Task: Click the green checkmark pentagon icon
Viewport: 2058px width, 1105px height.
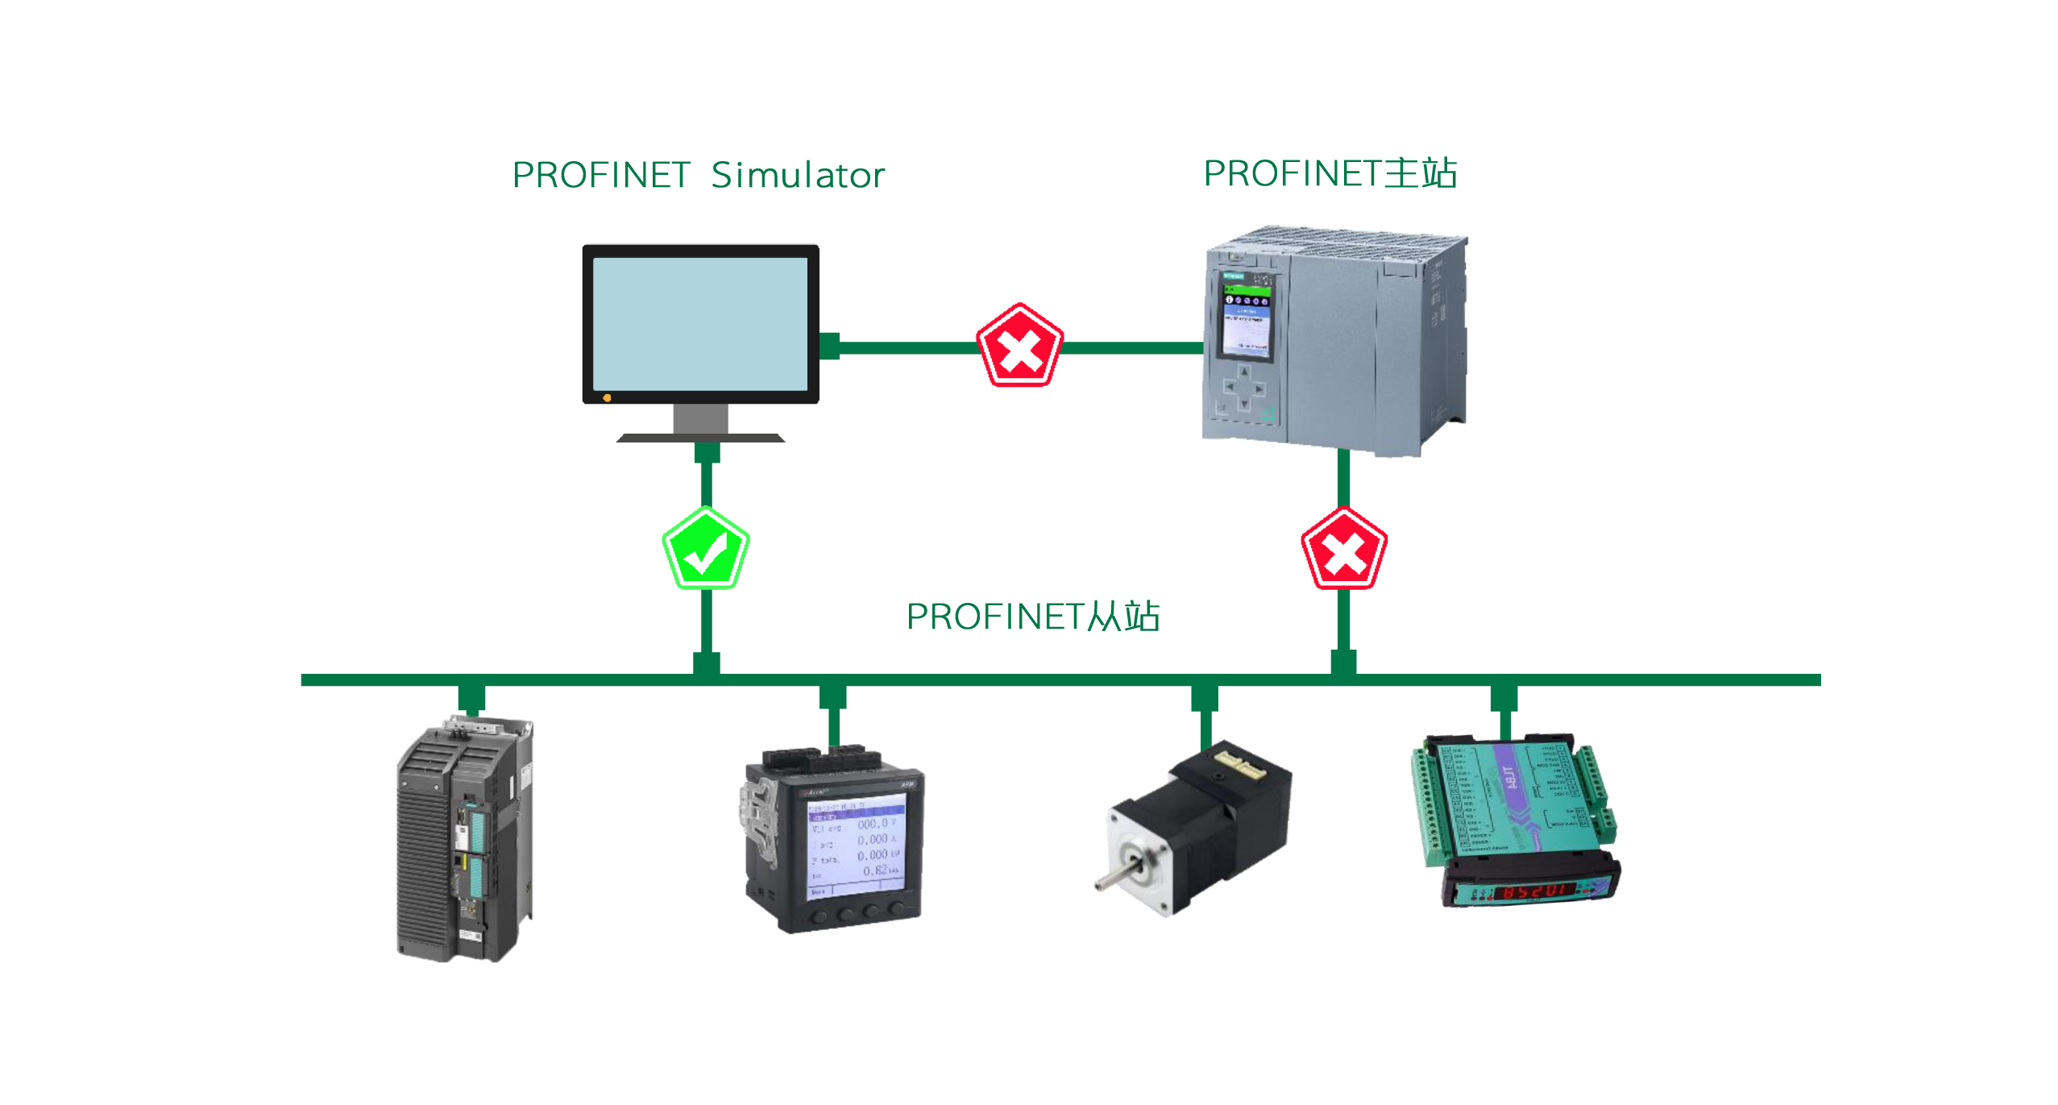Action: pyautogui.click(x=705, y=549)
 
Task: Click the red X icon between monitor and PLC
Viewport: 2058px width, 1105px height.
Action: pyautogui.click(x=1019, y=347)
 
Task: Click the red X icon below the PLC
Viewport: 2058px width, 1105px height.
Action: pyautogui.click(x=1343, y=550)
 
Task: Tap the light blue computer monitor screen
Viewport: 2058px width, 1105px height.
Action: pyautogui.click(x=699, y=323)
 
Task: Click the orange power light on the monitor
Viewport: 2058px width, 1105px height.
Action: pyautogui.click(x=607, y=397)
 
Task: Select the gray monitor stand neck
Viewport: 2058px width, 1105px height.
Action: pyautogui.click(x=699, y=418)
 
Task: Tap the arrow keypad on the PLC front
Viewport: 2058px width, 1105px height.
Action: pyautogui.click(x=1243, y=388)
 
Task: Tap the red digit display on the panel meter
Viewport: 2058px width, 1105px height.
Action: pyautogui.click(x=1533, y=891)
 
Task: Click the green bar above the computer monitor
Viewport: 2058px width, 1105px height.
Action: pyautogui.click(x=699, y=173)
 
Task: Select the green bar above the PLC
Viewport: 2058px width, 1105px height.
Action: pyautogui.click(x=1330, y=172)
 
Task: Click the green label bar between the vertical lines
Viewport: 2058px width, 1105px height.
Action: pyautogui.click(x=1033, y=615)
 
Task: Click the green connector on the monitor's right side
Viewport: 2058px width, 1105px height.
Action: pyautogui.click(x=829, y=346)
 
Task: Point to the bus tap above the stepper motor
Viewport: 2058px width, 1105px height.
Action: pyautogui.click(x=1204, y=698)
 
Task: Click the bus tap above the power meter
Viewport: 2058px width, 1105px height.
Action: pyautogui.click(x=832, y=698)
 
